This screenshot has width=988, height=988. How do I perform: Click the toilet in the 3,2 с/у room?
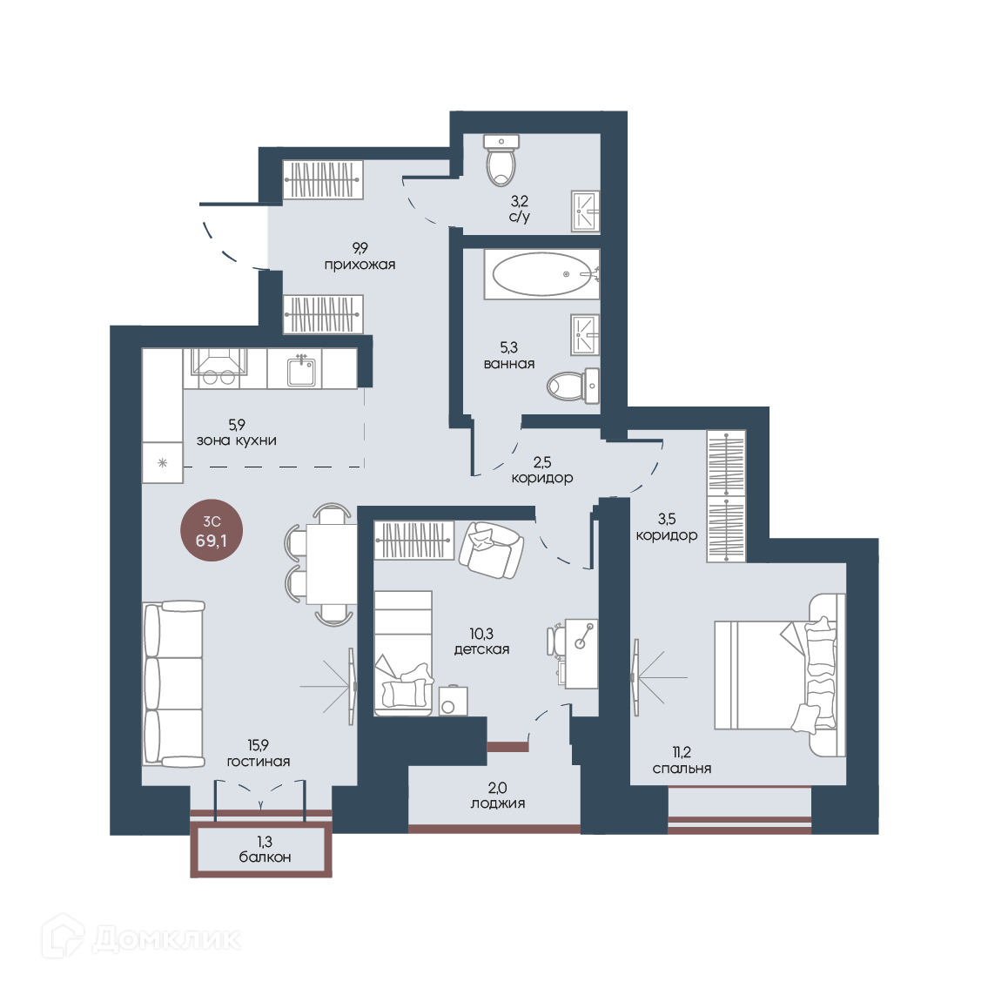pos(502,160)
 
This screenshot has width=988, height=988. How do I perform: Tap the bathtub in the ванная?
pos(542,274)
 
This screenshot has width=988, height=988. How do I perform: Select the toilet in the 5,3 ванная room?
pos(573,386)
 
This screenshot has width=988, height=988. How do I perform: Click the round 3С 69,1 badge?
pos(211,531)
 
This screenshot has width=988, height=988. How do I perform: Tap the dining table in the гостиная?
pos(332,564)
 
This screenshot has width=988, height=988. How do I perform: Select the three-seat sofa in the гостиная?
pos(173,683)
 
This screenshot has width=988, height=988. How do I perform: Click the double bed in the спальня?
pos(779,675)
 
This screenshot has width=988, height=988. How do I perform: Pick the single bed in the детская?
pos(403,653)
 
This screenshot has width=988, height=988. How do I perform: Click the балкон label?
pos(265,857)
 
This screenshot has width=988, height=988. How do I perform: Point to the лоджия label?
pos(498,803)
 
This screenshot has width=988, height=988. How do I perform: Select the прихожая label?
pos(360,265)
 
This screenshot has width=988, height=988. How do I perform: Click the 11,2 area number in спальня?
pos(682,752)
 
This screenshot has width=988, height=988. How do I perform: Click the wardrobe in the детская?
pos(414,540)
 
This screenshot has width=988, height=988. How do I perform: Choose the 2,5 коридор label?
pos(542,470)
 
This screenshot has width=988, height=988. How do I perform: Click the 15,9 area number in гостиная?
pos(259,745)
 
